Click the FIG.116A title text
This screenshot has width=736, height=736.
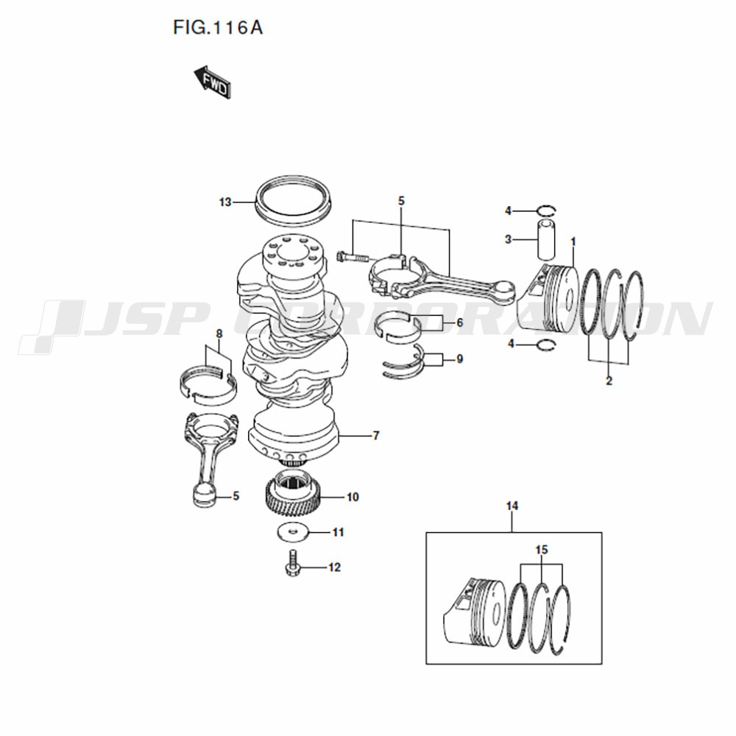point(218,28)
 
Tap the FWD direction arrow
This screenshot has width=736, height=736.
point(213,82)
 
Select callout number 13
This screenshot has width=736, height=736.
point(225,202)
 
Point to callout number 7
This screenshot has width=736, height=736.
point(375,436)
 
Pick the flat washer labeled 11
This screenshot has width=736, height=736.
point(294,532)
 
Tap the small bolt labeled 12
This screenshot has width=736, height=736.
point(292,563)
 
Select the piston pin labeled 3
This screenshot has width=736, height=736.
point(545,239)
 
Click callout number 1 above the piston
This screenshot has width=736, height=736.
point(573,241)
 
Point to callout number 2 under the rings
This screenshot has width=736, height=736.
point(609,381)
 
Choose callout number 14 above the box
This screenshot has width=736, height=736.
point(512,506)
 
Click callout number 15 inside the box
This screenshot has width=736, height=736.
point(542,550)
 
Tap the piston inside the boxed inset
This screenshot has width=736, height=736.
point(474,614)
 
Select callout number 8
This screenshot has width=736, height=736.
point(219,334)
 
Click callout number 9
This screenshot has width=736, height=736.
point(459,359)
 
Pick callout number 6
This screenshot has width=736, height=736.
point(459,323)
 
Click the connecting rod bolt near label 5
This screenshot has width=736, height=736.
point(353,257)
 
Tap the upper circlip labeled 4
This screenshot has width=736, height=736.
point(546,210)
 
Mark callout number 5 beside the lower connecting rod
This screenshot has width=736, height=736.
point(236,496)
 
